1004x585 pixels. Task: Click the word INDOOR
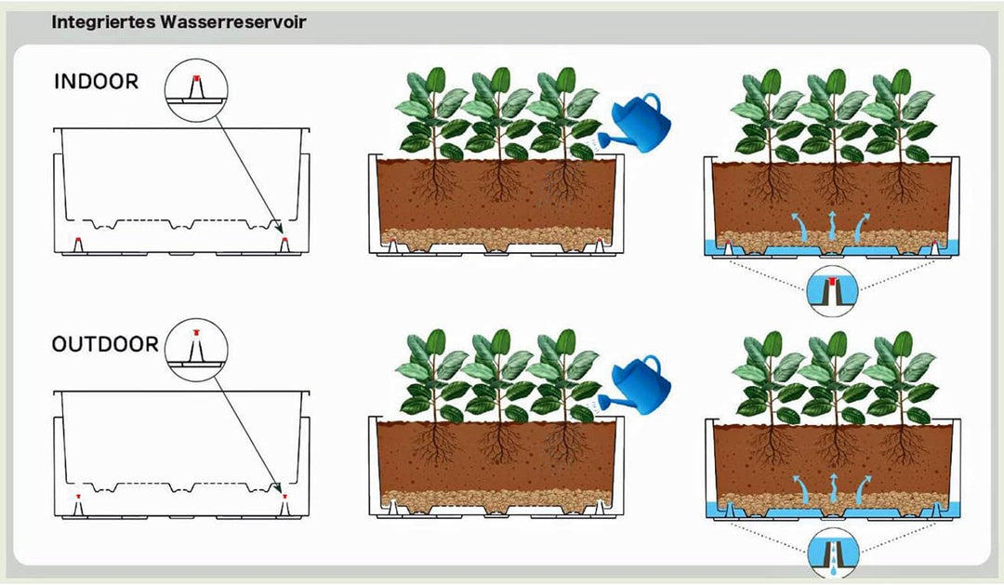click(x=96, y=81)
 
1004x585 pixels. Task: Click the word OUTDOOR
click(x=105, y=344)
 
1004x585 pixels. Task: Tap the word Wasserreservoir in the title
click(x=233, y=21)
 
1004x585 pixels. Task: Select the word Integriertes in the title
click(x=103, y=22)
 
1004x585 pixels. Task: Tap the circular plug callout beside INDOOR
click(x=196, y=89)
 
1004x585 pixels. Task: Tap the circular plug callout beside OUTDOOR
click(x=196, y=350)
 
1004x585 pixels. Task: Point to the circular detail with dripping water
click(x=832, y=553)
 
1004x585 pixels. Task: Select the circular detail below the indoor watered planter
click(x=832, y=291)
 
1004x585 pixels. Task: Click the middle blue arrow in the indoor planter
click(x=832, y=224)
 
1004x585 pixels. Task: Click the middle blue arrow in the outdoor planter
click(x=833, y=488)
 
